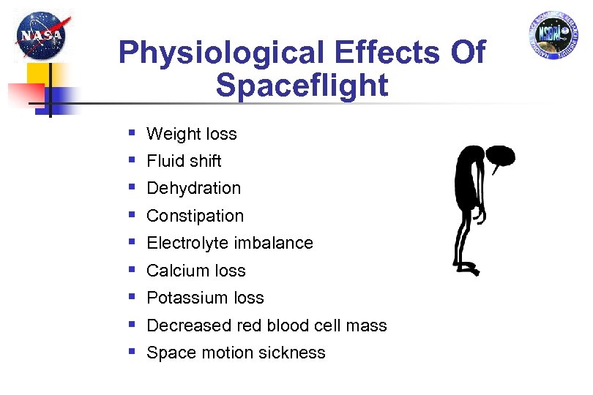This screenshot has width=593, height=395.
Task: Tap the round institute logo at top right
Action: coord(553,37)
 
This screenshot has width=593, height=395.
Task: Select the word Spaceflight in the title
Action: coord(302,86)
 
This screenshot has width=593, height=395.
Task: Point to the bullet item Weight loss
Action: coord(192,134)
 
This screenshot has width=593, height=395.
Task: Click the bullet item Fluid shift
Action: coord(184,161)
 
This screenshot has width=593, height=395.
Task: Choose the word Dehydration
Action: coord(193,188)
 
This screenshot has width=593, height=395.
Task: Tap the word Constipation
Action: coord(195,216)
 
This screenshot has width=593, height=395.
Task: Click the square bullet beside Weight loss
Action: coord(132,133)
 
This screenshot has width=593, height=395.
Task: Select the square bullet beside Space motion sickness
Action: coord(132,352)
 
